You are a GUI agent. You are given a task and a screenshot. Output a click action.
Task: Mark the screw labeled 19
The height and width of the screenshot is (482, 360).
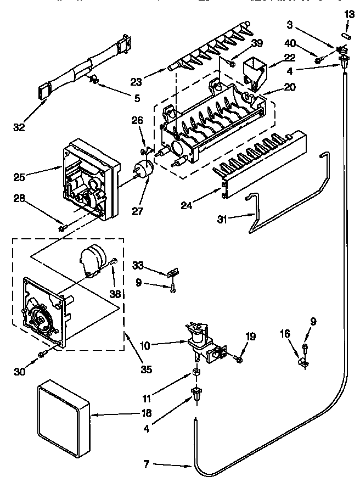click(x=238, y=358)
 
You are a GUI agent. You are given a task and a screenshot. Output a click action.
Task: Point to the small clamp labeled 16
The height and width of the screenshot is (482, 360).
click(x=301, y=362)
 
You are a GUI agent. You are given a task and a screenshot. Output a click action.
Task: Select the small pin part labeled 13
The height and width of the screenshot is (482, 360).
click(x=346, y=35)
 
